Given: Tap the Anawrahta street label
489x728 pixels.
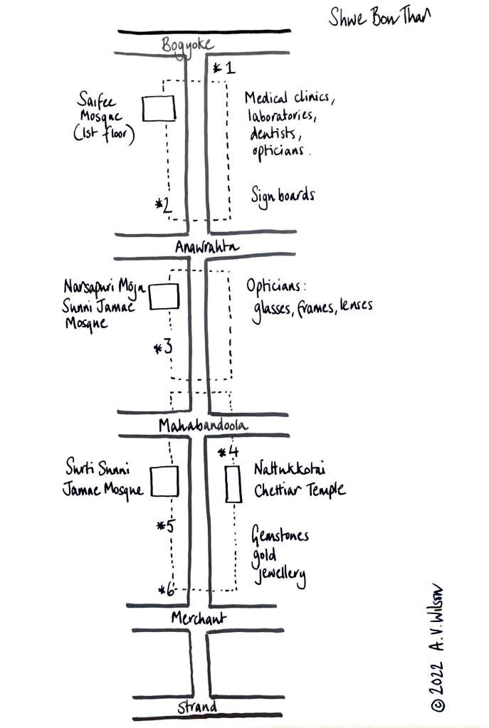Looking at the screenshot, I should pos(207,246).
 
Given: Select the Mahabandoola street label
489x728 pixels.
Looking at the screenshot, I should pos(203,425).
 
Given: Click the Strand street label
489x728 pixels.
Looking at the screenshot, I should pos(198,707).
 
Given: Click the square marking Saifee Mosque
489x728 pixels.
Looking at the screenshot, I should pos(159,108).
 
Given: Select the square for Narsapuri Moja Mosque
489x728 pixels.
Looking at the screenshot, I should pos(164,297).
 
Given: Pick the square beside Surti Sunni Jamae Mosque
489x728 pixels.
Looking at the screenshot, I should pos(164,480).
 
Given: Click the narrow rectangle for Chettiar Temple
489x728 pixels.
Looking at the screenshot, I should pos(231,485).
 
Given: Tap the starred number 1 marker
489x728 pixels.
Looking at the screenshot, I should pos(224,68).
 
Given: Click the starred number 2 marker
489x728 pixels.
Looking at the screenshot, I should pos(164,206).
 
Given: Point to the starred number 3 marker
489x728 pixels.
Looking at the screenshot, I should pos(164,348).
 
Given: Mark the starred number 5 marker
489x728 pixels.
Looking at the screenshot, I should pos(166,527).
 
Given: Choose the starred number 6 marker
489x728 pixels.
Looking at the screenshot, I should pos(167,589).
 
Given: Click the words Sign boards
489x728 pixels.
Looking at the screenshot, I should pos(282,195).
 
